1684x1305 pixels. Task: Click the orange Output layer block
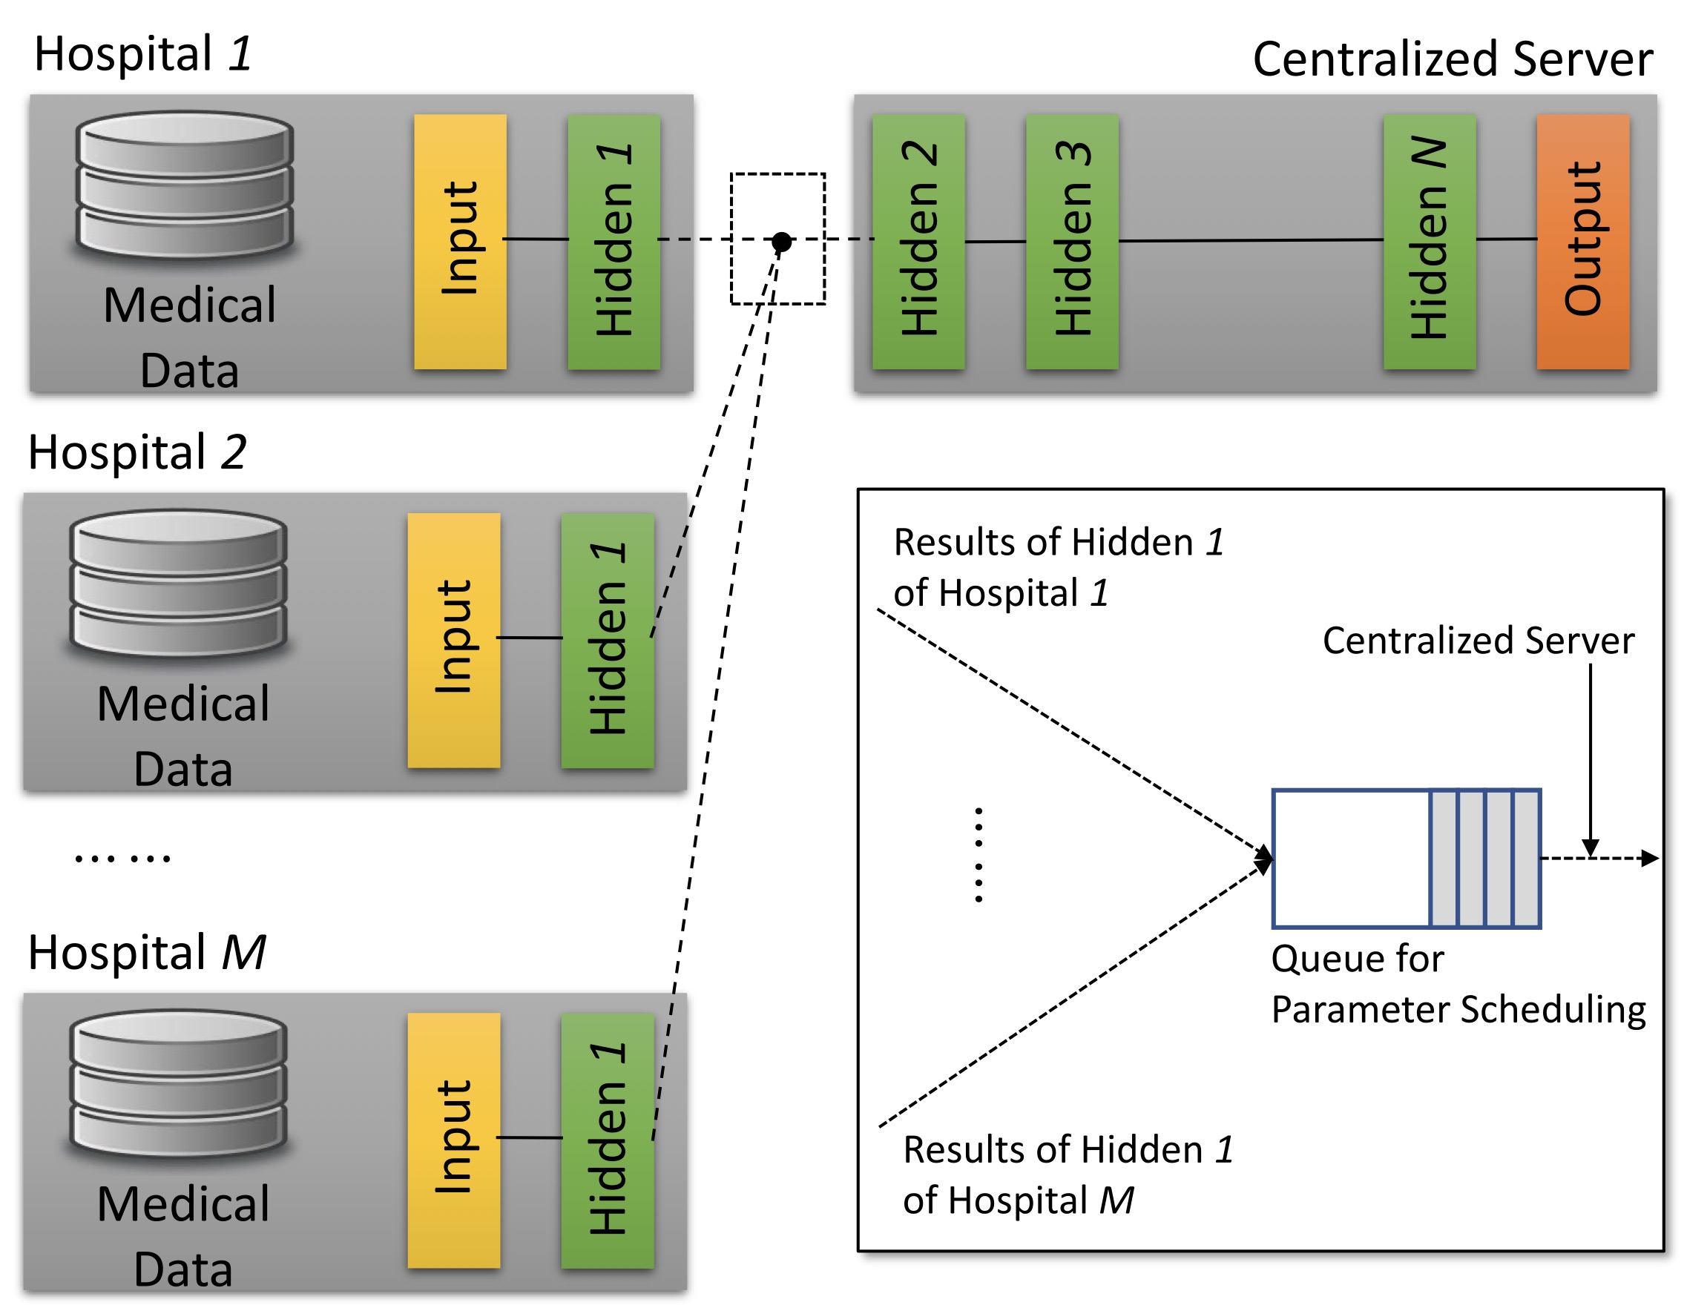coord(1582,241)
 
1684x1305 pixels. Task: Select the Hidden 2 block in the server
coord(918,241)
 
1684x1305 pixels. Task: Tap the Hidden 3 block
coord(1072,241)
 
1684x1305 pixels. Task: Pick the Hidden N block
coord(1429,241)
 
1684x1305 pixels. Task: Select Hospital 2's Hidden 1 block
coord(608,640)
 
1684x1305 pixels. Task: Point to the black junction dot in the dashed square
coord(781,241)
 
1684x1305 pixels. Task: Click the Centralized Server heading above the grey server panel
coord(1452,59)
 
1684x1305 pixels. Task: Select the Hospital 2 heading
coord(137,452)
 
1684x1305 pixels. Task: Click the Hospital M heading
coord(146,952)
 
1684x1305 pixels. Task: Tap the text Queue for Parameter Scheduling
coord(1457,983)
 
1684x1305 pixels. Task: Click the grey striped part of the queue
coord(1484,858)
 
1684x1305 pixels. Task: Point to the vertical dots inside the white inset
coord(979,855)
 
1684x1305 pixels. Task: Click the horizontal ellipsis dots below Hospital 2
coord(122,858)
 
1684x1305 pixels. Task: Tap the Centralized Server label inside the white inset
coord(1477,641)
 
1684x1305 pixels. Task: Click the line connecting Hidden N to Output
coord(1506,239)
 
